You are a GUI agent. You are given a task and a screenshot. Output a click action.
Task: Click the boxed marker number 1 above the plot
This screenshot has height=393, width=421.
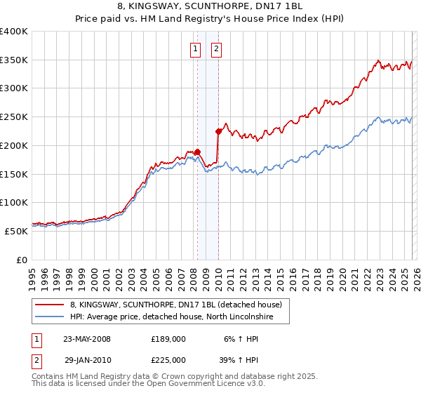click(x=194, y=48)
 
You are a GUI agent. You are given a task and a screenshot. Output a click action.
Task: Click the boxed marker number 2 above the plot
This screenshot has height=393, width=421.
click(x=215, y=48)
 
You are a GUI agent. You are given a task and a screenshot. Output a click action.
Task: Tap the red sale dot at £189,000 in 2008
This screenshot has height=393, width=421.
click(x=198, y=151)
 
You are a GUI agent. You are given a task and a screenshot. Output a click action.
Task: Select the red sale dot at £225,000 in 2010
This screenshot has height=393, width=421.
click(x=219, y=131)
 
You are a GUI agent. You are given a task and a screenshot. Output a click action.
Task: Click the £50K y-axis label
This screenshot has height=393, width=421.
click(x=16, y=231)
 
